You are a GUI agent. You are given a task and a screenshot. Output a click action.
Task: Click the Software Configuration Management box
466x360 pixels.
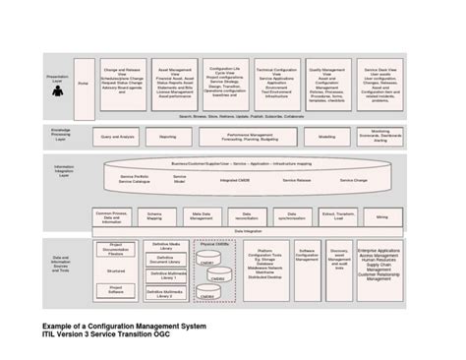point(307,256)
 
